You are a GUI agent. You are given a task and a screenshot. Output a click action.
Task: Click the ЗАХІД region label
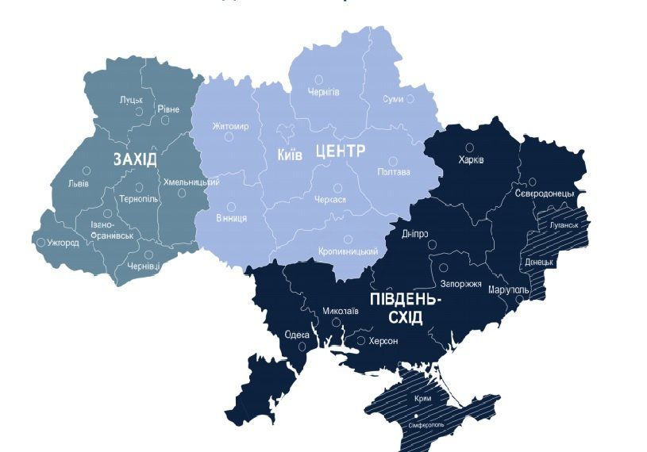click(x=135, y=159)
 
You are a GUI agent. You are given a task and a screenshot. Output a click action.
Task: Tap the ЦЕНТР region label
click(x=340, y=151)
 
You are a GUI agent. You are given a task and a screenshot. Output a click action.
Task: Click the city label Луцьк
click(x=131, y=100)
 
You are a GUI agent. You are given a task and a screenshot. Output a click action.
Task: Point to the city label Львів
click(x=79, y=183)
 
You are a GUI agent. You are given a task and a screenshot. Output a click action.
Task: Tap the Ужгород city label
click(x=63, y=242)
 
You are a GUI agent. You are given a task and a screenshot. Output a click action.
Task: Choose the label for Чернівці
click(x=143, y=266)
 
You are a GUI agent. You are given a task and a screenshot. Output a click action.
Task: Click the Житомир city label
click(x=231, y=126)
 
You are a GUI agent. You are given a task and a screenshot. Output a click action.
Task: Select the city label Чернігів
click(x=323, y=92)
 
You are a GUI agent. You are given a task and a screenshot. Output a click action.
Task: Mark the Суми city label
click(x=393, y=99)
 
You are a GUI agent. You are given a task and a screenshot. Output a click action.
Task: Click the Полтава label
click(x=394, y=172)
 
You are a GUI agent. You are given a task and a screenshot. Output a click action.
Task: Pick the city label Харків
click(x=471, y=160)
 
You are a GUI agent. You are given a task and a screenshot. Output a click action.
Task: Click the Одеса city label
click(x=297, y=334)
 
